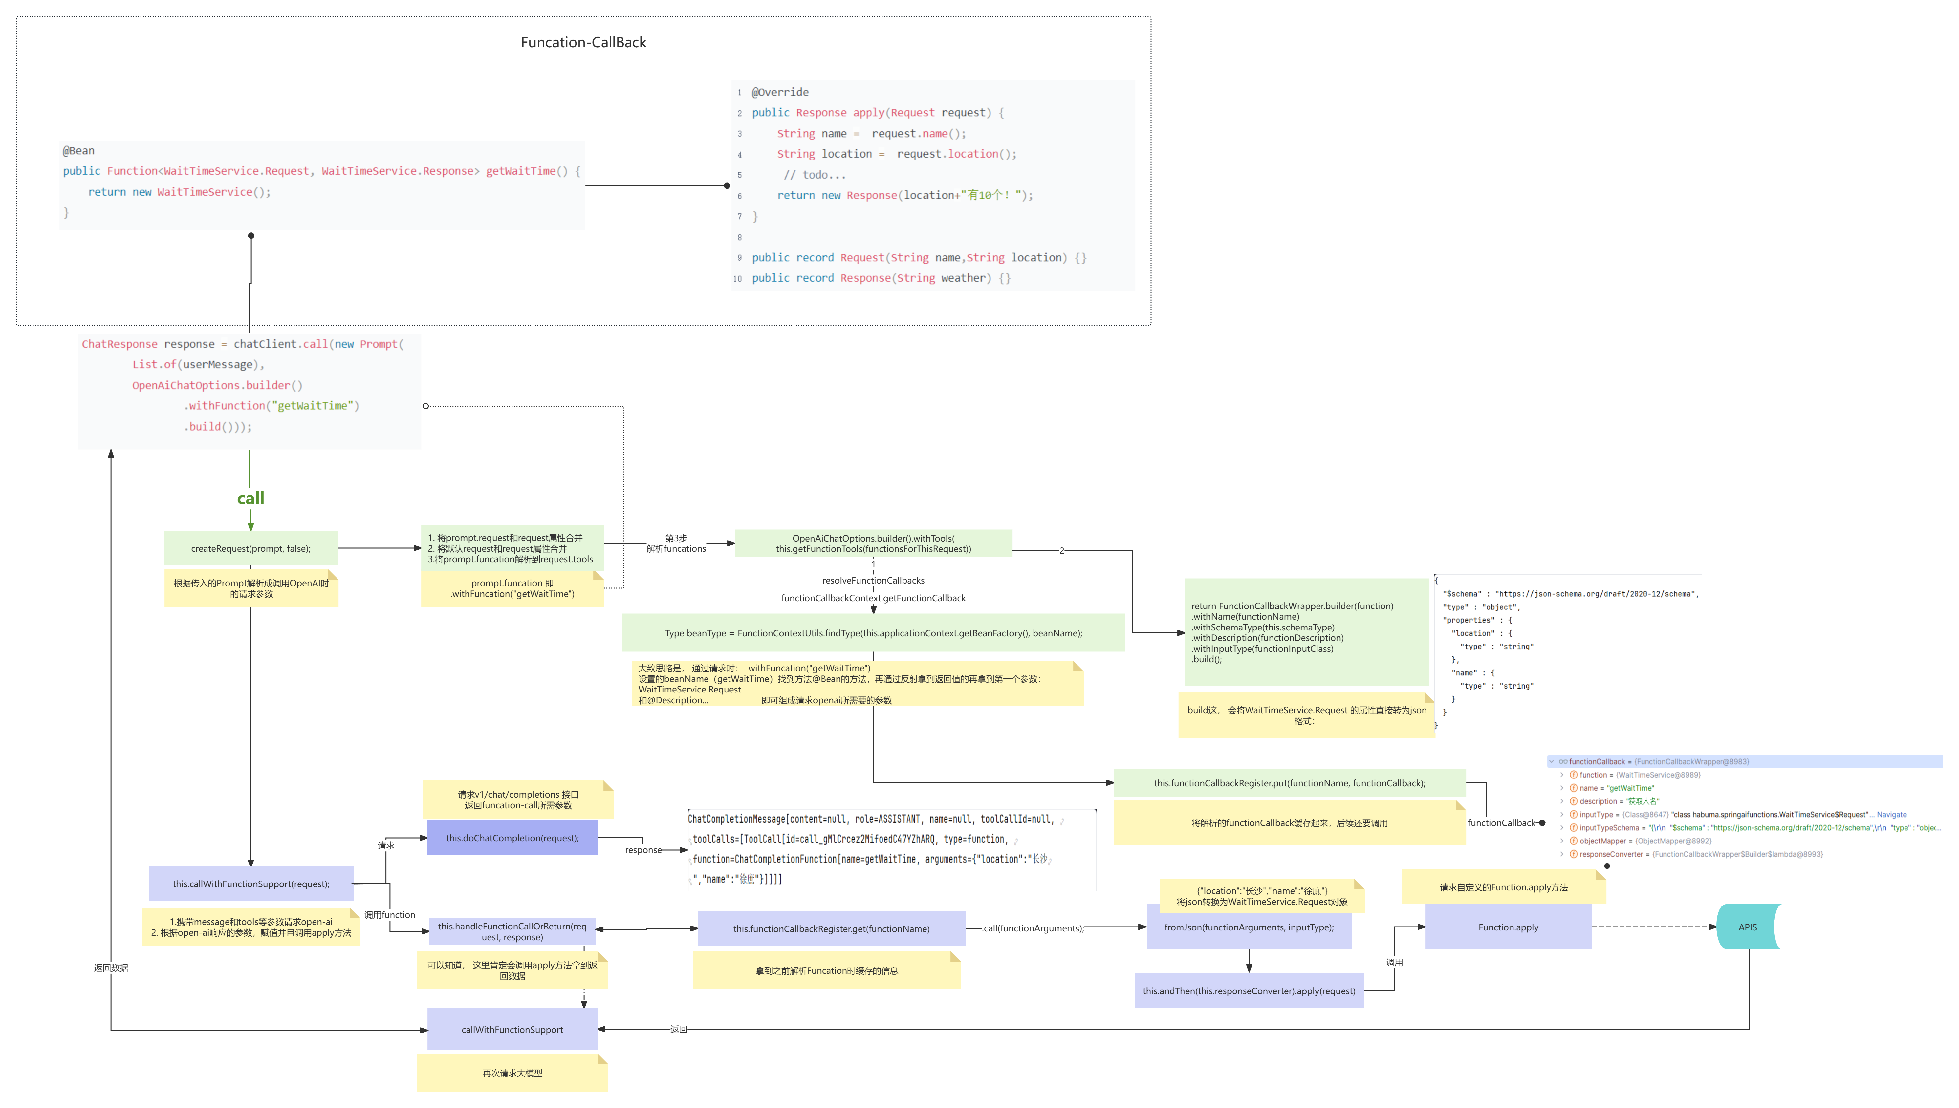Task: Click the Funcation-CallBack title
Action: click(583, 43)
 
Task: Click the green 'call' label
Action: click(250, 499)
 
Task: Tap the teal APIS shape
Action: click(1748, 927)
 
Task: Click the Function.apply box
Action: click(1508, 927)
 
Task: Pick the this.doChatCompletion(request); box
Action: click(512, 838)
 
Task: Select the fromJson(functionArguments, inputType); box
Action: click(1248, 927)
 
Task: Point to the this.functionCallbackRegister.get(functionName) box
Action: click(831, 928)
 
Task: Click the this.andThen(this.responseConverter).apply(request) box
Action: click(1248, 991)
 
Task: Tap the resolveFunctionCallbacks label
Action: click(873, 581)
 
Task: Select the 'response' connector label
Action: click(643, 850)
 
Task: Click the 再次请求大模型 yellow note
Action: click(512, 1073)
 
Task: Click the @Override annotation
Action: click(780, 92)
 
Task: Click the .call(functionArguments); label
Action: click(1033, 928)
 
